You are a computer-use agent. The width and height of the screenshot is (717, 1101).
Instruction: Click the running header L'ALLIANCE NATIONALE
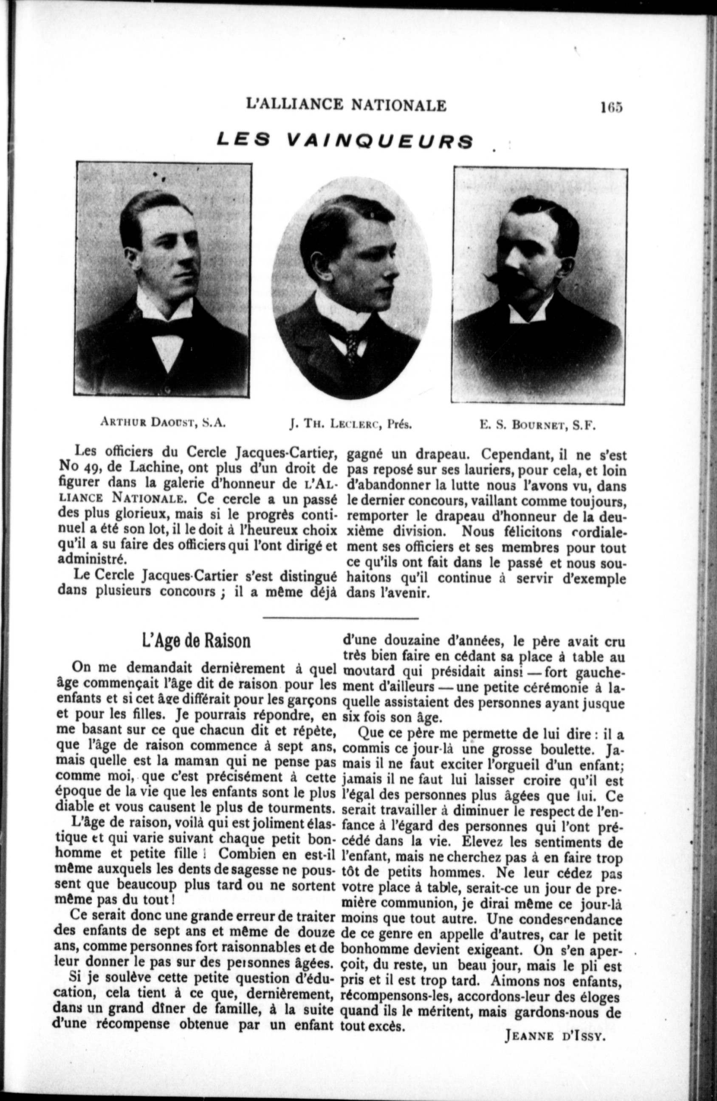pyautogui.click(x=347, y=105)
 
